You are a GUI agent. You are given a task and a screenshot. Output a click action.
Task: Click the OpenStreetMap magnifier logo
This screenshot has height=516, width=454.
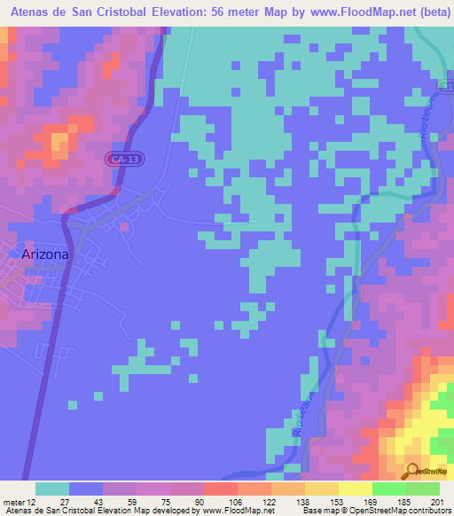[412, 471]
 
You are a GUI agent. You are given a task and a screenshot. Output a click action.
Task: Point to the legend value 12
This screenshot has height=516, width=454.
[33, 501]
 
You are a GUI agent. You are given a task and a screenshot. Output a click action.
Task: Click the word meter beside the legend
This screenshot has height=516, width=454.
[13, 501]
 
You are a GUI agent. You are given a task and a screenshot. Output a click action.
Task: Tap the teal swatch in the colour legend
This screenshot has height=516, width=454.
[52, 489]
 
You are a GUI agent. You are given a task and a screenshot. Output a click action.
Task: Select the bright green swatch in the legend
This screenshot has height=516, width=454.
[389, 489]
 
